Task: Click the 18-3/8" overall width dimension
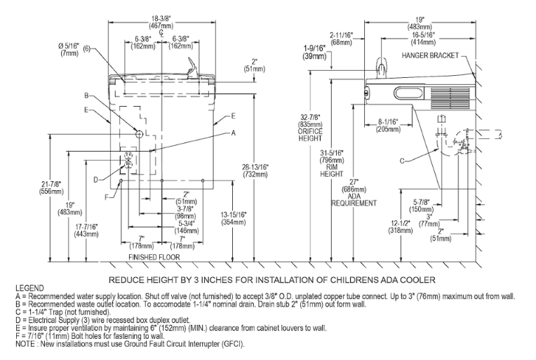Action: [x=161, y=22]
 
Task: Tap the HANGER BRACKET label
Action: [x=430, y=55]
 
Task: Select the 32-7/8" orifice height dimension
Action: [x=310, y=128]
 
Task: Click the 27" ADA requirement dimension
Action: [x=354, y=192]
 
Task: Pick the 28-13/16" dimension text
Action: [x=255, y=171]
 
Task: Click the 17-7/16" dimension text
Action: [x=86, y=230]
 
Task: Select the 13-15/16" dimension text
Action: [x=233, y=218]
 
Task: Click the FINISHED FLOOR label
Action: [x=154, y=257]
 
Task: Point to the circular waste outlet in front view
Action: [x=139, y=134]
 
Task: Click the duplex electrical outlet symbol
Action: [x=128, y=160]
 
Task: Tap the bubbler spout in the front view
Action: [x=191, y=67]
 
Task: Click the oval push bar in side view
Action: [x=408, y=93]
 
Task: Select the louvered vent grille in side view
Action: [x=450, y=98]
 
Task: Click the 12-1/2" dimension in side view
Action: [x=401, y=227]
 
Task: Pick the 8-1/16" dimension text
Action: [x=388, y=125]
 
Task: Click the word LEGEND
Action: [x=29, y=288]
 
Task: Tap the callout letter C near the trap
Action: [x=402, y=161]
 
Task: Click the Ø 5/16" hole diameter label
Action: [x=68, y=49]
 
